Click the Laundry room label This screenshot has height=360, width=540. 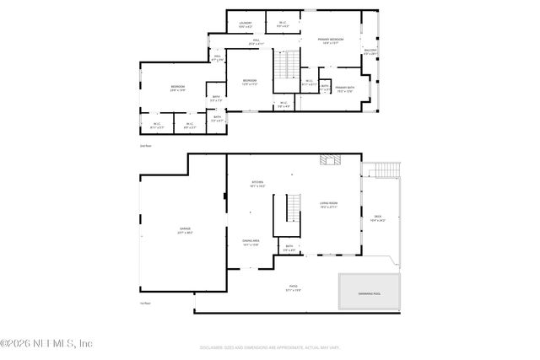coord(245,24)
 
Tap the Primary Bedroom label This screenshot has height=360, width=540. coord(330,41)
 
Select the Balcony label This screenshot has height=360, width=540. coord(370,51)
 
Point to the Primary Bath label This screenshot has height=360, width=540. coord(344,89)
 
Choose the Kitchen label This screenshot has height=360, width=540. coord(256,184)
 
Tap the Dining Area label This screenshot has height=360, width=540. coord(251,243)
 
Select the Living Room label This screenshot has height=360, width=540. coord(328,203)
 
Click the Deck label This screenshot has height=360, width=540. coord(377,218)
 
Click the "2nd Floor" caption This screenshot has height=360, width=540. coord(145,146)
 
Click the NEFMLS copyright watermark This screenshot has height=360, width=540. coord(46,343)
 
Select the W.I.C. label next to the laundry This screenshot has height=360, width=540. coord(283,24)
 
